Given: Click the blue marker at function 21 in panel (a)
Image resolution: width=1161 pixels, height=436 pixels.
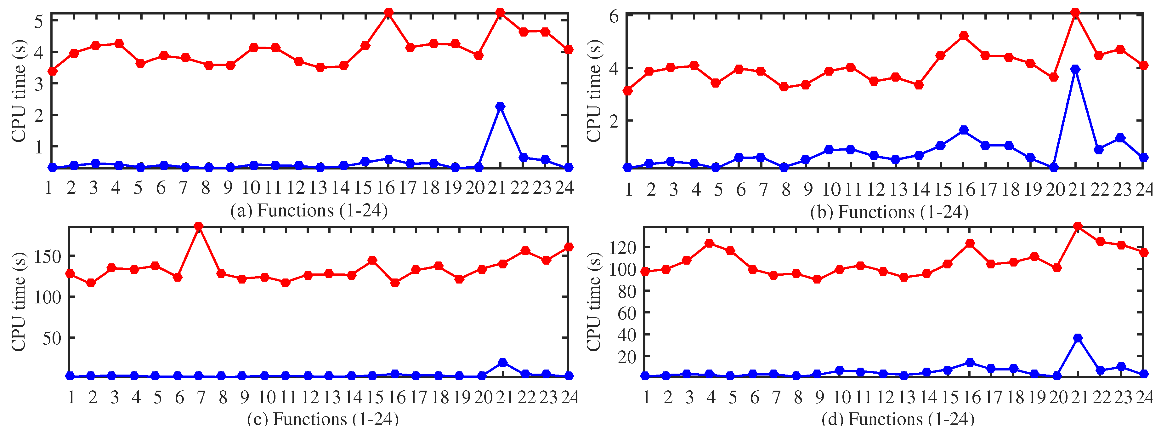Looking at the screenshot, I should [500, 107].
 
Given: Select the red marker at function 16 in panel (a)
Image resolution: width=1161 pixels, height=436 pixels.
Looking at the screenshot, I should [388, 13].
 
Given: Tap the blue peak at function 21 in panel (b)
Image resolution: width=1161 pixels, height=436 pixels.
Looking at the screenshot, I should [1076, 69].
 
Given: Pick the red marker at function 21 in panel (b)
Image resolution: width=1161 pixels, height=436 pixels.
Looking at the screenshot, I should [1076, 13].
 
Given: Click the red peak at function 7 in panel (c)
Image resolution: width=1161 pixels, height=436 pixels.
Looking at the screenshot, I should [198, 226].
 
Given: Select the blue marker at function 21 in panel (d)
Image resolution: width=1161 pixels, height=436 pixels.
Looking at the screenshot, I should [1078, 338].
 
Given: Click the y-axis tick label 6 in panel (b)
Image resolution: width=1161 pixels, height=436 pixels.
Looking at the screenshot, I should [614, 17].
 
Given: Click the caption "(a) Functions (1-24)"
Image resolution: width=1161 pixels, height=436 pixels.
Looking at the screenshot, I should [309, 210].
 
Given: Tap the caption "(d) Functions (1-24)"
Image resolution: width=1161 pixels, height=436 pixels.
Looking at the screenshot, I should [898, 419].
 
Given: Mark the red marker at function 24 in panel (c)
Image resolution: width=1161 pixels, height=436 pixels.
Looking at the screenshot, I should [569, 247].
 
